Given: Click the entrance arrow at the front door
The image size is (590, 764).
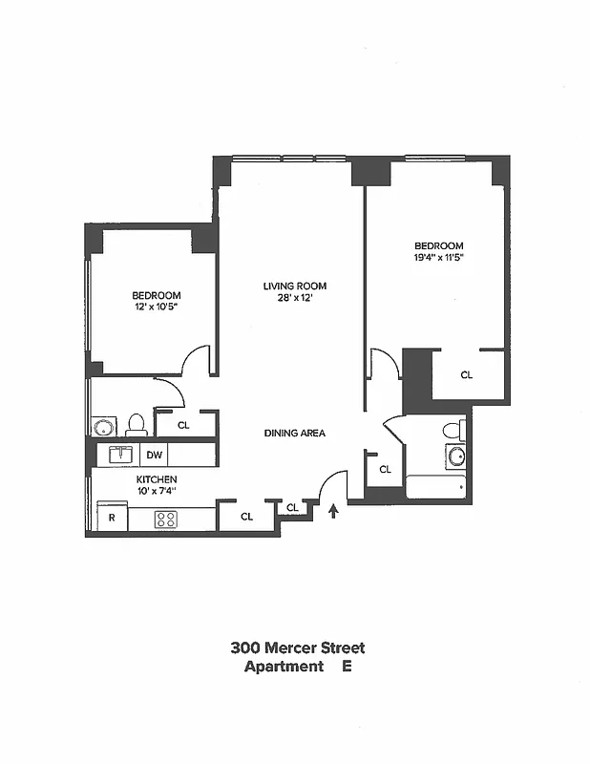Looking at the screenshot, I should coord(333,512).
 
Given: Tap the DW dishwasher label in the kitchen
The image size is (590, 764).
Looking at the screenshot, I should coord(154,456).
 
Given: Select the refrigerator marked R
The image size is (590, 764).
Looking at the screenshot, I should coord(112,519).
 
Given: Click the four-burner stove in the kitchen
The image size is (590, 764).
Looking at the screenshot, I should coord(165,520).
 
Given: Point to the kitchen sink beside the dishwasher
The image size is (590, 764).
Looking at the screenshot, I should coord(121,455).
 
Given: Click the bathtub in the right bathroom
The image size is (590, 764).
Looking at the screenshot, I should coord(435,487).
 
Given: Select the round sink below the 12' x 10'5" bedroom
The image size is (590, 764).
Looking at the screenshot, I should coord(102,426).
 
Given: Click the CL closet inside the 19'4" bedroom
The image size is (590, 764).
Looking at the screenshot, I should coord(467,375).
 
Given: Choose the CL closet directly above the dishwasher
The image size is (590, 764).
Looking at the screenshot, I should coord(183,426).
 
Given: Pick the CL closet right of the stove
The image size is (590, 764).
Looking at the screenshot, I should coord(246,517).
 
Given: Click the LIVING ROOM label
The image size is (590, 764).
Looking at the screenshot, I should coord(296,286).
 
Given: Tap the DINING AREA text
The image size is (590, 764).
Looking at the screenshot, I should coord(295,434).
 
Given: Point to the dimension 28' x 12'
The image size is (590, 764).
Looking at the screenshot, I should coord(296,299).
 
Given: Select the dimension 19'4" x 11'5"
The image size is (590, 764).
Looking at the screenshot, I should coord(439,257).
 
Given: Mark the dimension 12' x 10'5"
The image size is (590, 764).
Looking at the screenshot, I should coord(156,308).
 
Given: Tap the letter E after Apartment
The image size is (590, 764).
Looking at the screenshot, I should coord(348,667).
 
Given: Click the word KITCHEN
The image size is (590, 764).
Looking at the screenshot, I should coord(156,479).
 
